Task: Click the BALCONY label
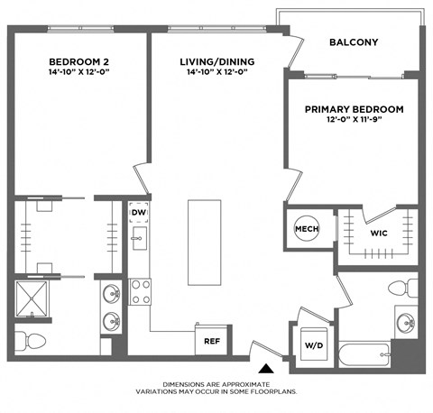[x=353, y=42]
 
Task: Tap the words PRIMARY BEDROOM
[x=353, y=109]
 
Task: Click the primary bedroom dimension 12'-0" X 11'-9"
[x=353, y=123]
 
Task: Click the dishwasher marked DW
[x=139, y=214]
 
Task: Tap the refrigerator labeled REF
[x=211, y=342]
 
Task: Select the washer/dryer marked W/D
[x=314, y=344]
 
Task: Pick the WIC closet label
[x=379, y=234]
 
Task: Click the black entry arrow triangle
[x=264, y=368]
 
